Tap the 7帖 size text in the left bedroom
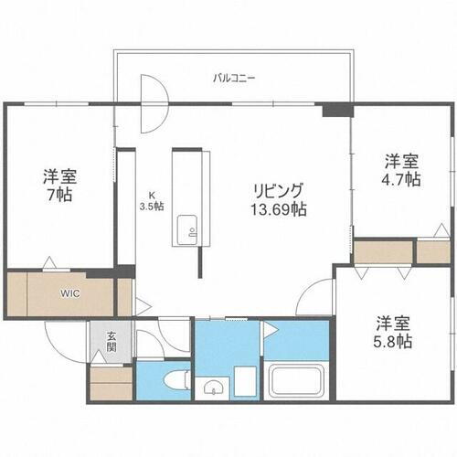[x=62, y=195]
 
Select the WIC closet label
[x=71, y=293]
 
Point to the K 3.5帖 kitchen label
[x=151, y=201]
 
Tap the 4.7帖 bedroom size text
[x=401, y=179]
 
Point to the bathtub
[x=297, y=378]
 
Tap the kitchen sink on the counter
[x=186, y=224]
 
